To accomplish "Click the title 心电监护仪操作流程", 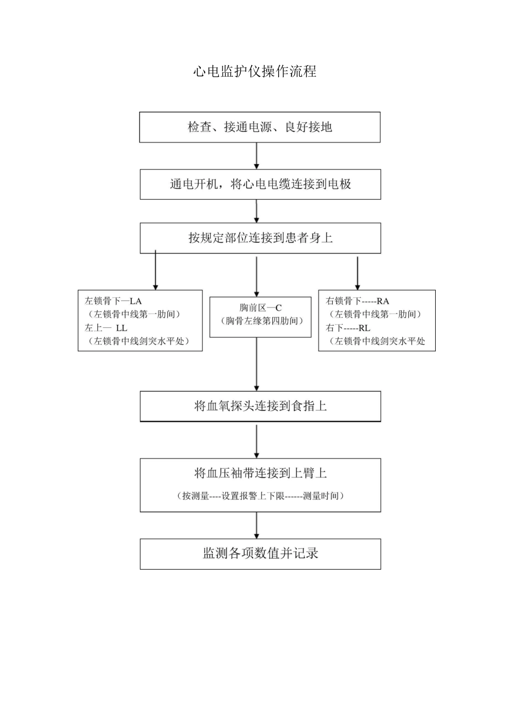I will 255,72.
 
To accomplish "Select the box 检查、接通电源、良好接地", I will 260,127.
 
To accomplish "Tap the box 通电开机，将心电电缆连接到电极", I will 260,184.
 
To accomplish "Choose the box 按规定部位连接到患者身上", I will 260,238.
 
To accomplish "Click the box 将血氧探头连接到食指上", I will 260,406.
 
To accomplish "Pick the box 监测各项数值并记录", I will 260,553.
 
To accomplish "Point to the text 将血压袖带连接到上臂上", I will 260,474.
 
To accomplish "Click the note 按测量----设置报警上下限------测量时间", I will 260,496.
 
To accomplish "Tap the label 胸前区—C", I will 260,308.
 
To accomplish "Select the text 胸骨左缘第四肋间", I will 260,321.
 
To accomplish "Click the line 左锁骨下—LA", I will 113,301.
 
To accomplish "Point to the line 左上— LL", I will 106,327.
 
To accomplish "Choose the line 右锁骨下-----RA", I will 357,301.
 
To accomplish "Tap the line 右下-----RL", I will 348,327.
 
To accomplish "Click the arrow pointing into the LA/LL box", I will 156,271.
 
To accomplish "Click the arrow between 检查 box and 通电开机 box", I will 256,156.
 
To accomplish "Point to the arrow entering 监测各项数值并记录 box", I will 256,525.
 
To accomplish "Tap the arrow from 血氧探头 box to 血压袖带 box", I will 256,441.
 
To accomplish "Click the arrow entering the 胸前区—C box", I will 256,276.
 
